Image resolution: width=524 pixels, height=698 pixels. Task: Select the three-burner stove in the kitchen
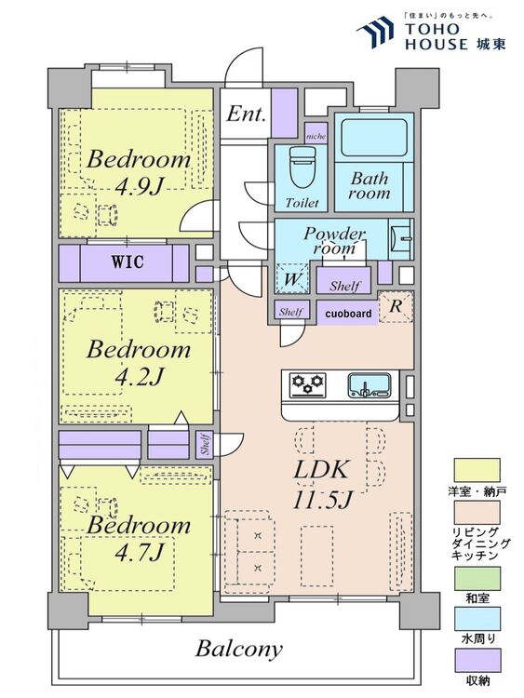click(x=307, y=385)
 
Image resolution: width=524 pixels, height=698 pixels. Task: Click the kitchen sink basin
click(x=369, y=384)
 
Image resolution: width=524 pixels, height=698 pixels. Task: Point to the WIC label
click(x=128, y=262)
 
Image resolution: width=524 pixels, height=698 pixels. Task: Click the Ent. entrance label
click(x=247, y=114)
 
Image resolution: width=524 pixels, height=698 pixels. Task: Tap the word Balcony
click(x=239, y=649)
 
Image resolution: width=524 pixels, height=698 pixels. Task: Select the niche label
click(x=316, y=136)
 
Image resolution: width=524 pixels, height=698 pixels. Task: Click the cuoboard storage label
click(x=348, y=314)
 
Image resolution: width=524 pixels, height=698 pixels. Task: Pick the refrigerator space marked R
click(x=396, y=307)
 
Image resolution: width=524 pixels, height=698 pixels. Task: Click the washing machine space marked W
click(x=291, y=278)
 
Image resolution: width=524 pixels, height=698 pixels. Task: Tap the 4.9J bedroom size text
click(x=138, y=188)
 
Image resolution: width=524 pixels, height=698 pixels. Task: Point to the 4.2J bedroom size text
click(x=138, y=378)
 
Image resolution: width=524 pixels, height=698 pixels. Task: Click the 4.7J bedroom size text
click(x=139, y=554)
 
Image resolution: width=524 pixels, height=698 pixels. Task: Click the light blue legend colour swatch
click(x=477, y=619)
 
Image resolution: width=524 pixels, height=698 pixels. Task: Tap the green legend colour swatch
click(x=477, y=578)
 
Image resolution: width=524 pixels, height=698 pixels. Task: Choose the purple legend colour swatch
click(x=477, y=660)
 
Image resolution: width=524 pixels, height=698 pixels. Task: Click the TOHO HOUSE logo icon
click(x=375, y=32)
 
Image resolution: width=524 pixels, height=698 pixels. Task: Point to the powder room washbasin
click(x=400, y=239)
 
